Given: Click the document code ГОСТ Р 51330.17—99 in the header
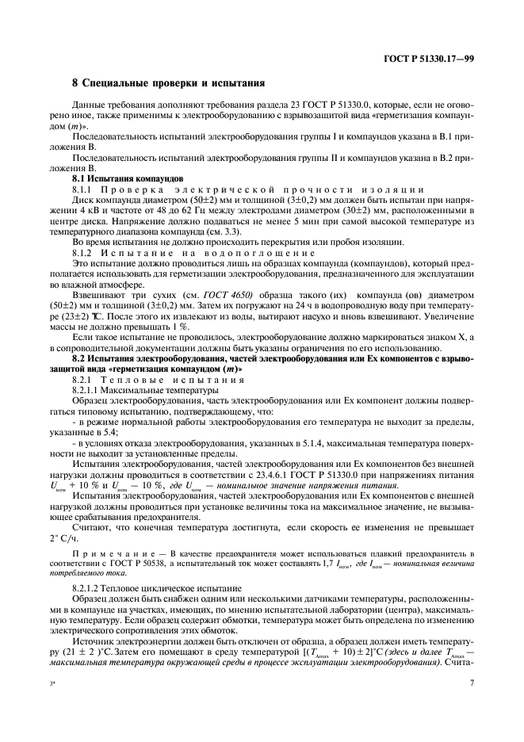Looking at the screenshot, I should click(x=429, y=59).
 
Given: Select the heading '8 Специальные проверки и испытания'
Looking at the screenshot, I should click(x=168, y=82).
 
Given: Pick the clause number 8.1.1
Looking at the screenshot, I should click(x=85, y=189).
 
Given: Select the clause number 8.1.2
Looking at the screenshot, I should click(x=85, y=251).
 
